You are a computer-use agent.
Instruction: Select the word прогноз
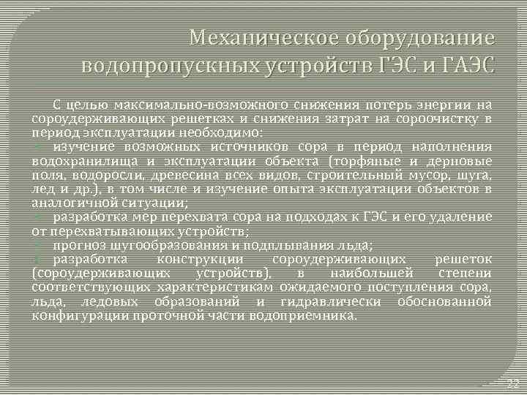tap(78, 244)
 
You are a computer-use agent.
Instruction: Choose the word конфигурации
tap(79, 315)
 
